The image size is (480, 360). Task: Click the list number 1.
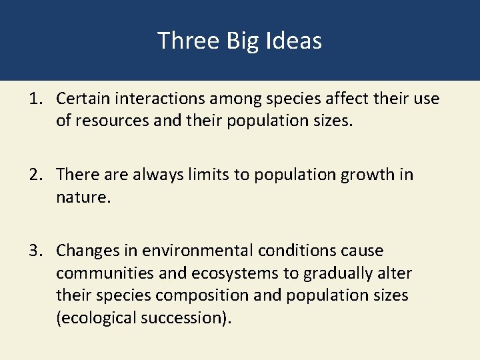pyautogui.click(x=35, y=99)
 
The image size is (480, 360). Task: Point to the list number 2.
pyautogui.click(x=35, y=175)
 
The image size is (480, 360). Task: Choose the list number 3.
pyautogui.click(x=35, y=251)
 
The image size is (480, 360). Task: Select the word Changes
pyautogui.click(x=85, y=251)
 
